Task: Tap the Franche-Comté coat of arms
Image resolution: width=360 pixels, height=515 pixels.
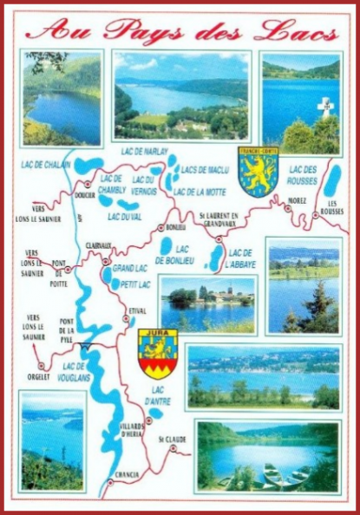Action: pyautogui.click(x=258, y=172)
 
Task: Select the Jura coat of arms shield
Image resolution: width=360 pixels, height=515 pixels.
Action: pyautogui.click(x=158, y=354)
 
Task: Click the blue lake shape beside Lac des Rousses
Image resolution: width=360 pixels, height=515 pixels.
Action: pyautogui.click(x=332, y=179)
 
